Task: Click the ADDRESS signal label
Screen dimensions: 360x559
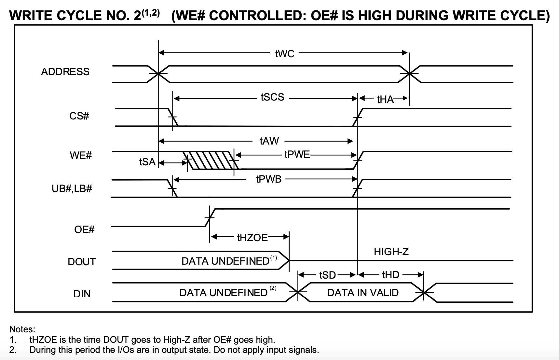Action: (x=65, y=72)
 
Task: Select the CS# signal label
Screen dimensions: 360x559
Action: (x=79, y=116)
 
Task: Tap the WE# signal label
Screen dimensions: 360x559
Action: (x=81, y=155)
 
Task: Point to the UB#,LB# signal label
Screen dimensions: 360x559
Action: (x=72, y=188)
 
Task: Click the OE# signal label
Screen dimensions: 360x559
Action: (x=84, y=229)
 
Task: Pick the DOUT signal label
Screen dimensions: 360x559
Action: (x=82, y=262)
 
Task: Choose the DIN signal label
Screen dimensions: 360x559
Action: (x=82, y=294)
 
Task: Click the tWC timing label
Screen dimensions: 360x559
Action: (x=285, y=54)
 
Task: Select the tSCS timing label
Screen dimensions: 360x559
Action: (x=272, y=97)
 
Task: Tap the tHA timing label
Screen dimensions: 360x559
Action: (x=385, y=99)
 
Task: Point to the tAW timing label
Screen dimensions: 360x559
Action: (x=269, y=141)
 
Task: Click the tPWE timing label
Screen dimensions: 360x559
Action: (x=297, y=154)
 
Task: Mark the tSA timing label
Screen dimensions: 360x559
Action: (x=147, y=162)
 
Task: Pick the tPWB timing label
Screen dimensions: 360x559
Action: (x=268, y=179)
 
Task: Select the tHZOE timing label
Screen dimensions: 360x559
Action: (x=252, y=238)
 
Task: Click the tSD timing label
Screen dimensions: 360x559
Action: (x=327, y=275)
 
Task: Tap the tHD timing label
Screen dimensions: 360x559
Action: (x=390, y=275)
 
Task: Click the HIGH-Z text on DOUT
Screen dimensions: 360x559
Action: (x=391, y=252)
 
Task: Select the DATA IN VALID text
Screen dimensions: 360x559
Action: (x=363, y=293)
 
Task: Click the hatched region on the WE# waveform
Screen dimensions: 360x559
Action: (x=211, y=160)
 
